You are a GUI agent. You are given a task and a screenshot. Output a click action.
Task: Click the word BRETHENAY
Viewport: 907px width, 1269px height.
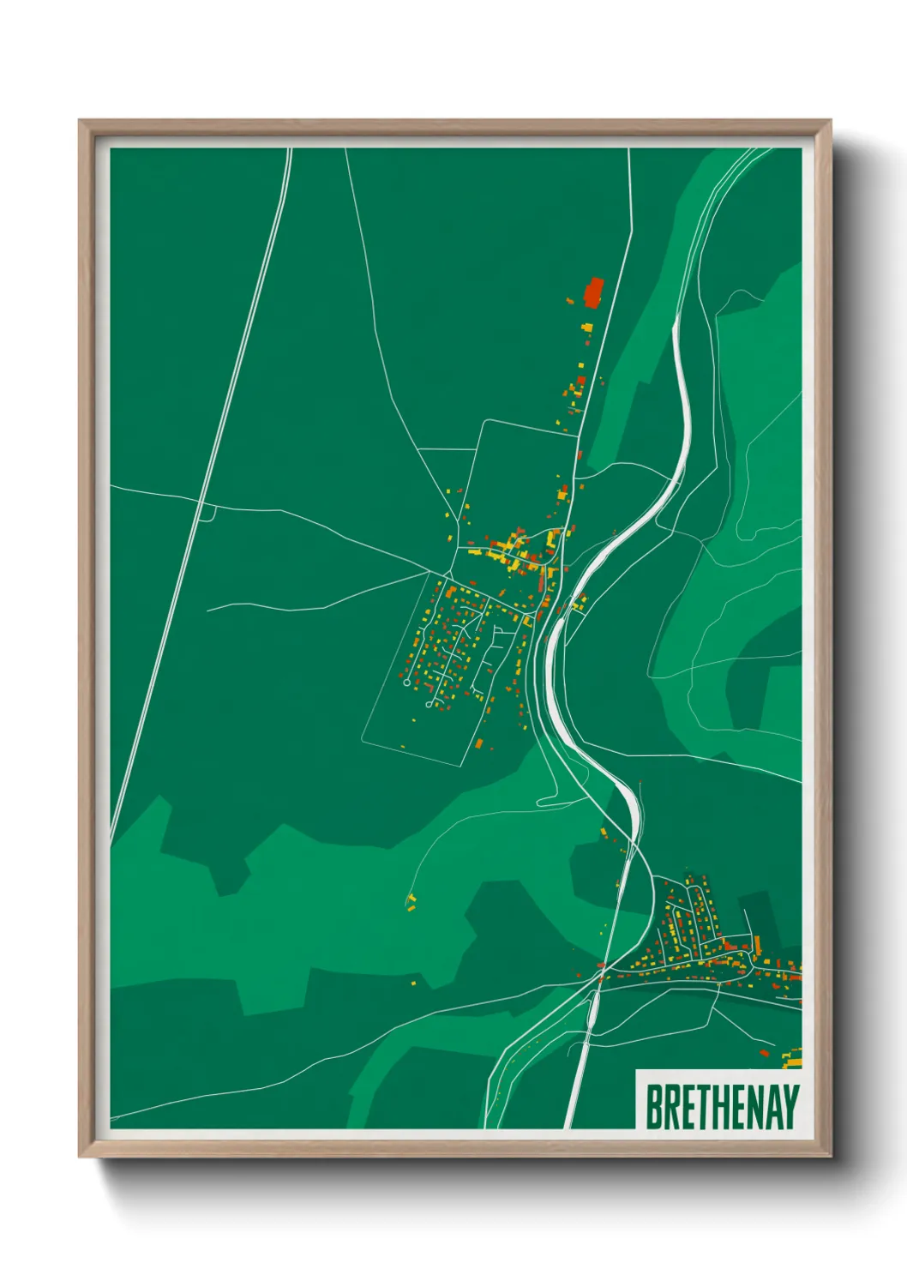tap(722, 1107)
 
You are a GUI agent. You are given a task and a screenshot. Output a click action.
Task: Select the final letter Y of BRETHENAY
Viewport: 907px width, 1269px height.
tap(790, 1107)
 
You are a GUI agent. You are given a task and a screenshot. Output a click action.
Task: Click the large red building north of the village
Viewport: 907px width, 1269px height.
tap(592, 292)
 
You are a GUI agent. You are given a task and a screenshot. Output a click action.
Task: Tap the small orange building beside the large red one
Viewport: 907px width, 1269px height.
tap(570, 299)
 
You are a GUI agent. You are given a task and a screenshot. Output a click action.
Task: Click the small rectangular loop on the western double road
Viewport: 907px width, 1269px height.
tap(206, 512)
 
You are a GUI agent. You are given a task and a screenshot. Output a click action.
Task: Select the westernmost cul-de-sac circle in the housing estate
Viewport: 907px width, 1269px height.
tap(406, 683)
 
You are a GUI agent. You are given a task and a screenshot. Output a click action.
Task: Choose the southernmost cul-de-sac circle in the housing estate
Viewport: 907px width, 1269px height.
tap(428, 704)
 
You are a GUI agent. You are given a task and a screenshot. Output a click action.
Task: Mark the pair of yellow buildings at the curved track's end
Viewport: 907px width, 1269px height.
tap(411, 900)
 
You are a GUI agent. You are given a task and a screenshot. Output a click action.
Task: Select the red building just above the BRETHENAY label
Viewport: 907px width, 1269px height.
tap(765, 1053)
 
